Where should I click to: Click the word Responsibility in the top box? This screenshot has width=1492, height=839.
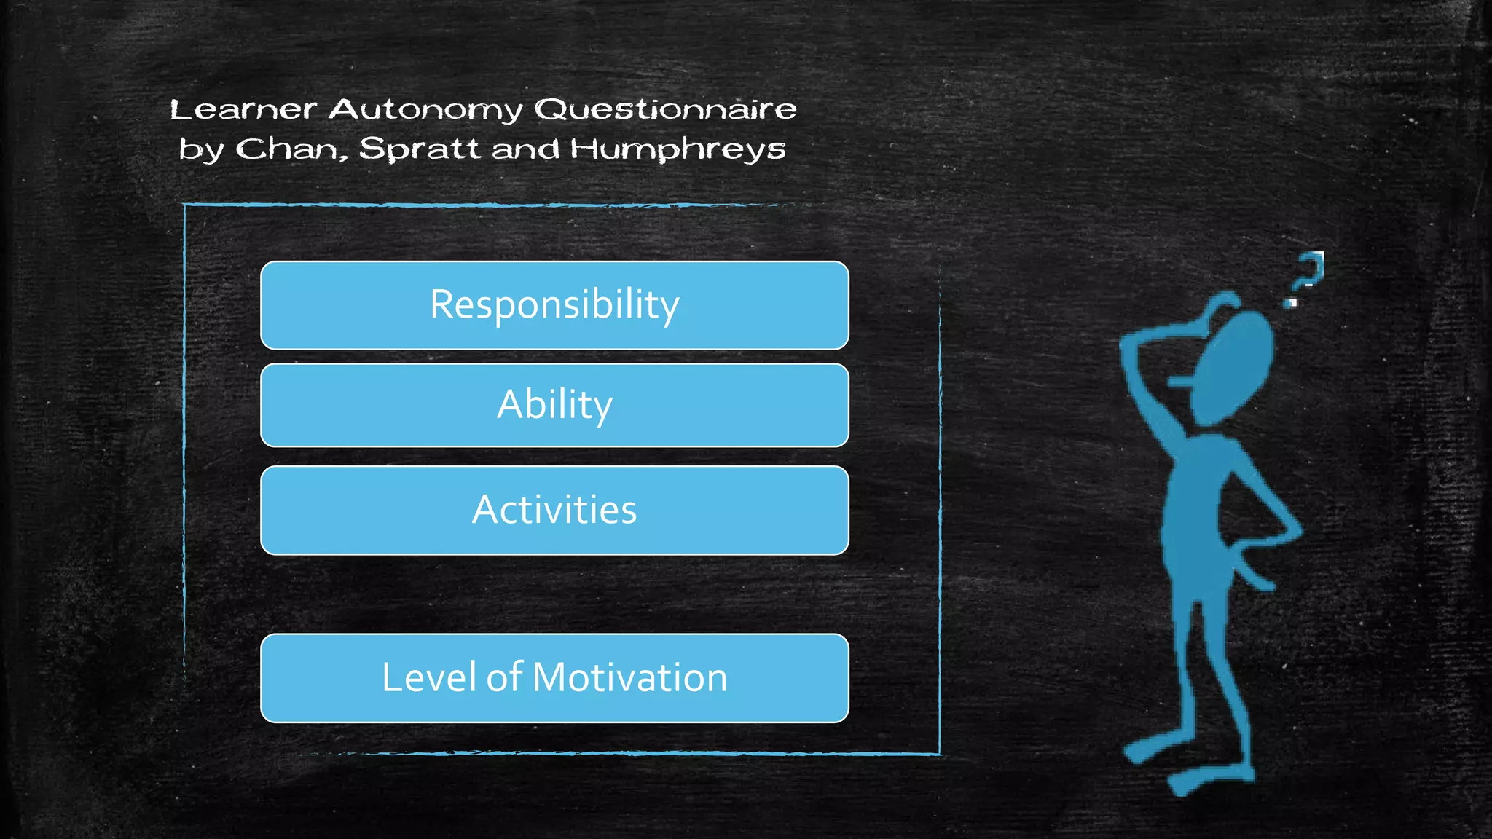tap(554, 304)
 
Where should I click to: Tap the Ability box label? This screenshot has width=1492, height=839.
tap(554, 405)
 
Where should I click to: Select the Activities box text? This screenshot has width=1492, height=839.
tap(554, 510)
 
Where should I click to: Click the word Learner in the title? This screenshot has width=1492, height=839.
tap(243, 110)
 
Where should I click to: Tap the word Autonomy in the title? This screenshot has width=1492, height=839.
tap(425, 110)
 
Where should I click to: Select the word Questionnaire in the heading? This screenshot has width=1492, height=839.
tap(665, 110)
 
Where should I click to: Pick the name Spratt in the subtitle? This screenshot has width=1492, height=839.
tap(419, 149)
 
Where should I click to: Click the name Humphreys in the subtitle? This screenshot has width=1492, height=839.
tap(678, 149)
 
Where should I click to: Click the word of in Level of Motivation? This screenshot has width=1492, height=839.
tap(504, 677)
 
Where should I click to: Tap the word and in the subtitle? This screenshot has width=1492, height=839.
tap(525, 149)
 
